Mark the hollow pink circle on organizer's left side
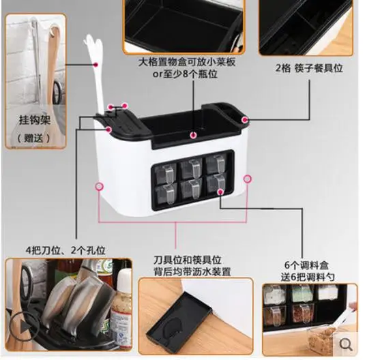pyautogui.click(x=100, y=185)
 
